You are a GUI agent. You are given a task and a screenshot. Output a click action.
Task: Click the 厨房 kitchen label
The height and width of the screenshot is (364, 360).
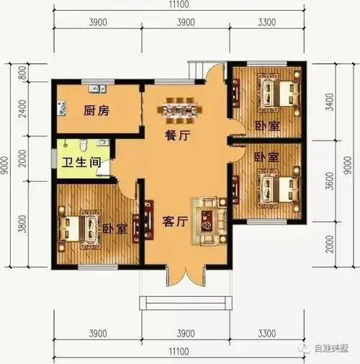coord(96,111)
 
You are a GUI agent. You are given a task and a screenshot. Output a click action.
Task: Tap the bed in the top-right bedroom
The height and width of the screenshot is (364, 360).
coord(278,94)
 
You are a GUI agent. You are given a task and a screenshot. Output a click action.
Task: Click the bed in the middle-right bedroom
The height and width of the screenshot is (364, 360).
coord(277,189)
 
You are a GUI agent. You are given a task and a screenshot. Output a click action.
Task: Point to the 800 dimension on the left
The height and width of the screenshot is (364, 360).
coord(22,72)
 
